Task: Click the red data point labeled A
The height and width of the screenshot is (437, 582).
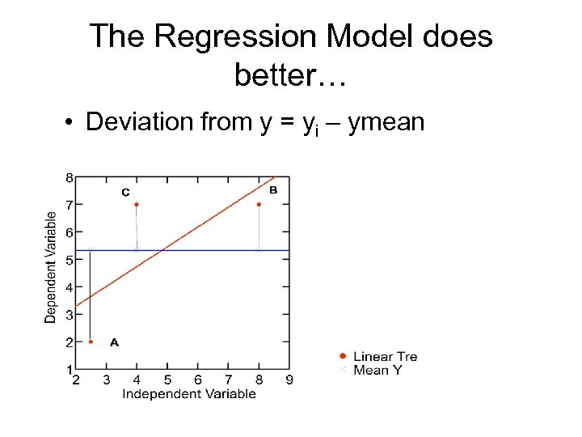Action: coord(91,342)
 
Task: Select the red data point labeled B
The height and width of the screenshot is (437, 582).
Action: coord(259,204)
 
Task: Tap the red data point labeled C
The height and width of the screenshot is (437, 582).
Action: coord(137,204)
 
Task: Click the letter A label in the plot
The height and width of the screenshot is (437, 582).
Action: coord(114,342)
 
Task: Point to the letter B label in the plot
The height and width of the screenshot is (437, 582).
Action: coord(273,190)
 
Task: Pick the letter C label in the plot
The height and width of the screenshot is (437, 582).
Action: coord(125,192)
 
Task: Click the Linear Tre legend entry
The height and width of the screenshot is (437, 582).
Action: coord(385,356)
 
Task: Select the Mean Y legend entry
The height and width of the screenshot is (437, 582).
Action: coord(377,370)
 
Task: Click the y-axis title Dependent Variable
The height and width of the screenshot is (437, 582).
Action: coord(51,268)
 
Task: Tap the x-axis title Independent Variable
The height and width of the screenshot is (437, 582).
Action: coord(188,394)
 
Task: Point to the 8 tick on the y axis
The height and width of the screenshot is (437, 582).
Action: coord(69,177)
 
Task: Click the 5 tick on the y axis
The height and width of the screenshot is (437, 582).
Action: coord(69,260)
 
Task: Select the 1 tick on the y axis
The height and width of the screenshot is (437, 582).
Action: coord(69,370)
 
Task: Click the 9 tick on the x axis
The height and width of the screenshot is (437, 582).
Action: coord(289,380)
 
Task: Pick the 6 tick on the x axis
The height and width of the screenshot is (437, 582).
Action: coord(198,380)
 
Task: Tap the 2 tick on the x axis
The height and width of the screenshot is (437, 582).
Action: coord(76,380)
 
